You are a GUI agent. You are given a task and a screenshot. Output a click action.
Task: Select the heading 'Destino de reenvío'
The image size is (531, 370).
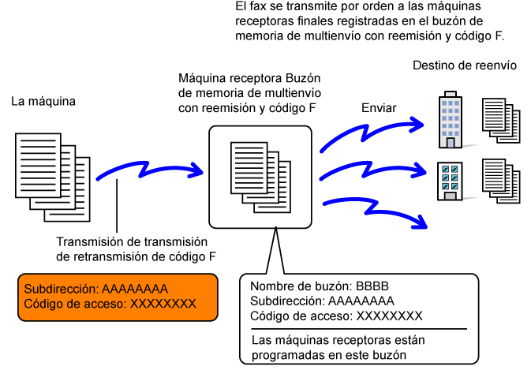point(465,65)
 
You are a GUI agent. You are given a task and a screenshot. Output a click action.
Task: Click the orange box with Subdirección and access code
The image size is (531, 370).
point(118,297)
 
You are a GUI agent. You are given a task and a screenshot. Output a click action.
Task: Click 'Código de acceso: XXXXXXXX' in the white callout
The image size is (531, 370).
point(336,316)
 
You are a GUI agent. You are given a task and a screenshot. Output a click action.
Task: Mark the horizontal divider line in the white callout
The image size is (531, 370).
point(359,329)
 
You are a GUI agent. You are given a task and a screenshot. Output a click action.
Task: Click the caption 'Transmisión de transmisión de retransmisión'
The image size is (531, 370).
point(132,249)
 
